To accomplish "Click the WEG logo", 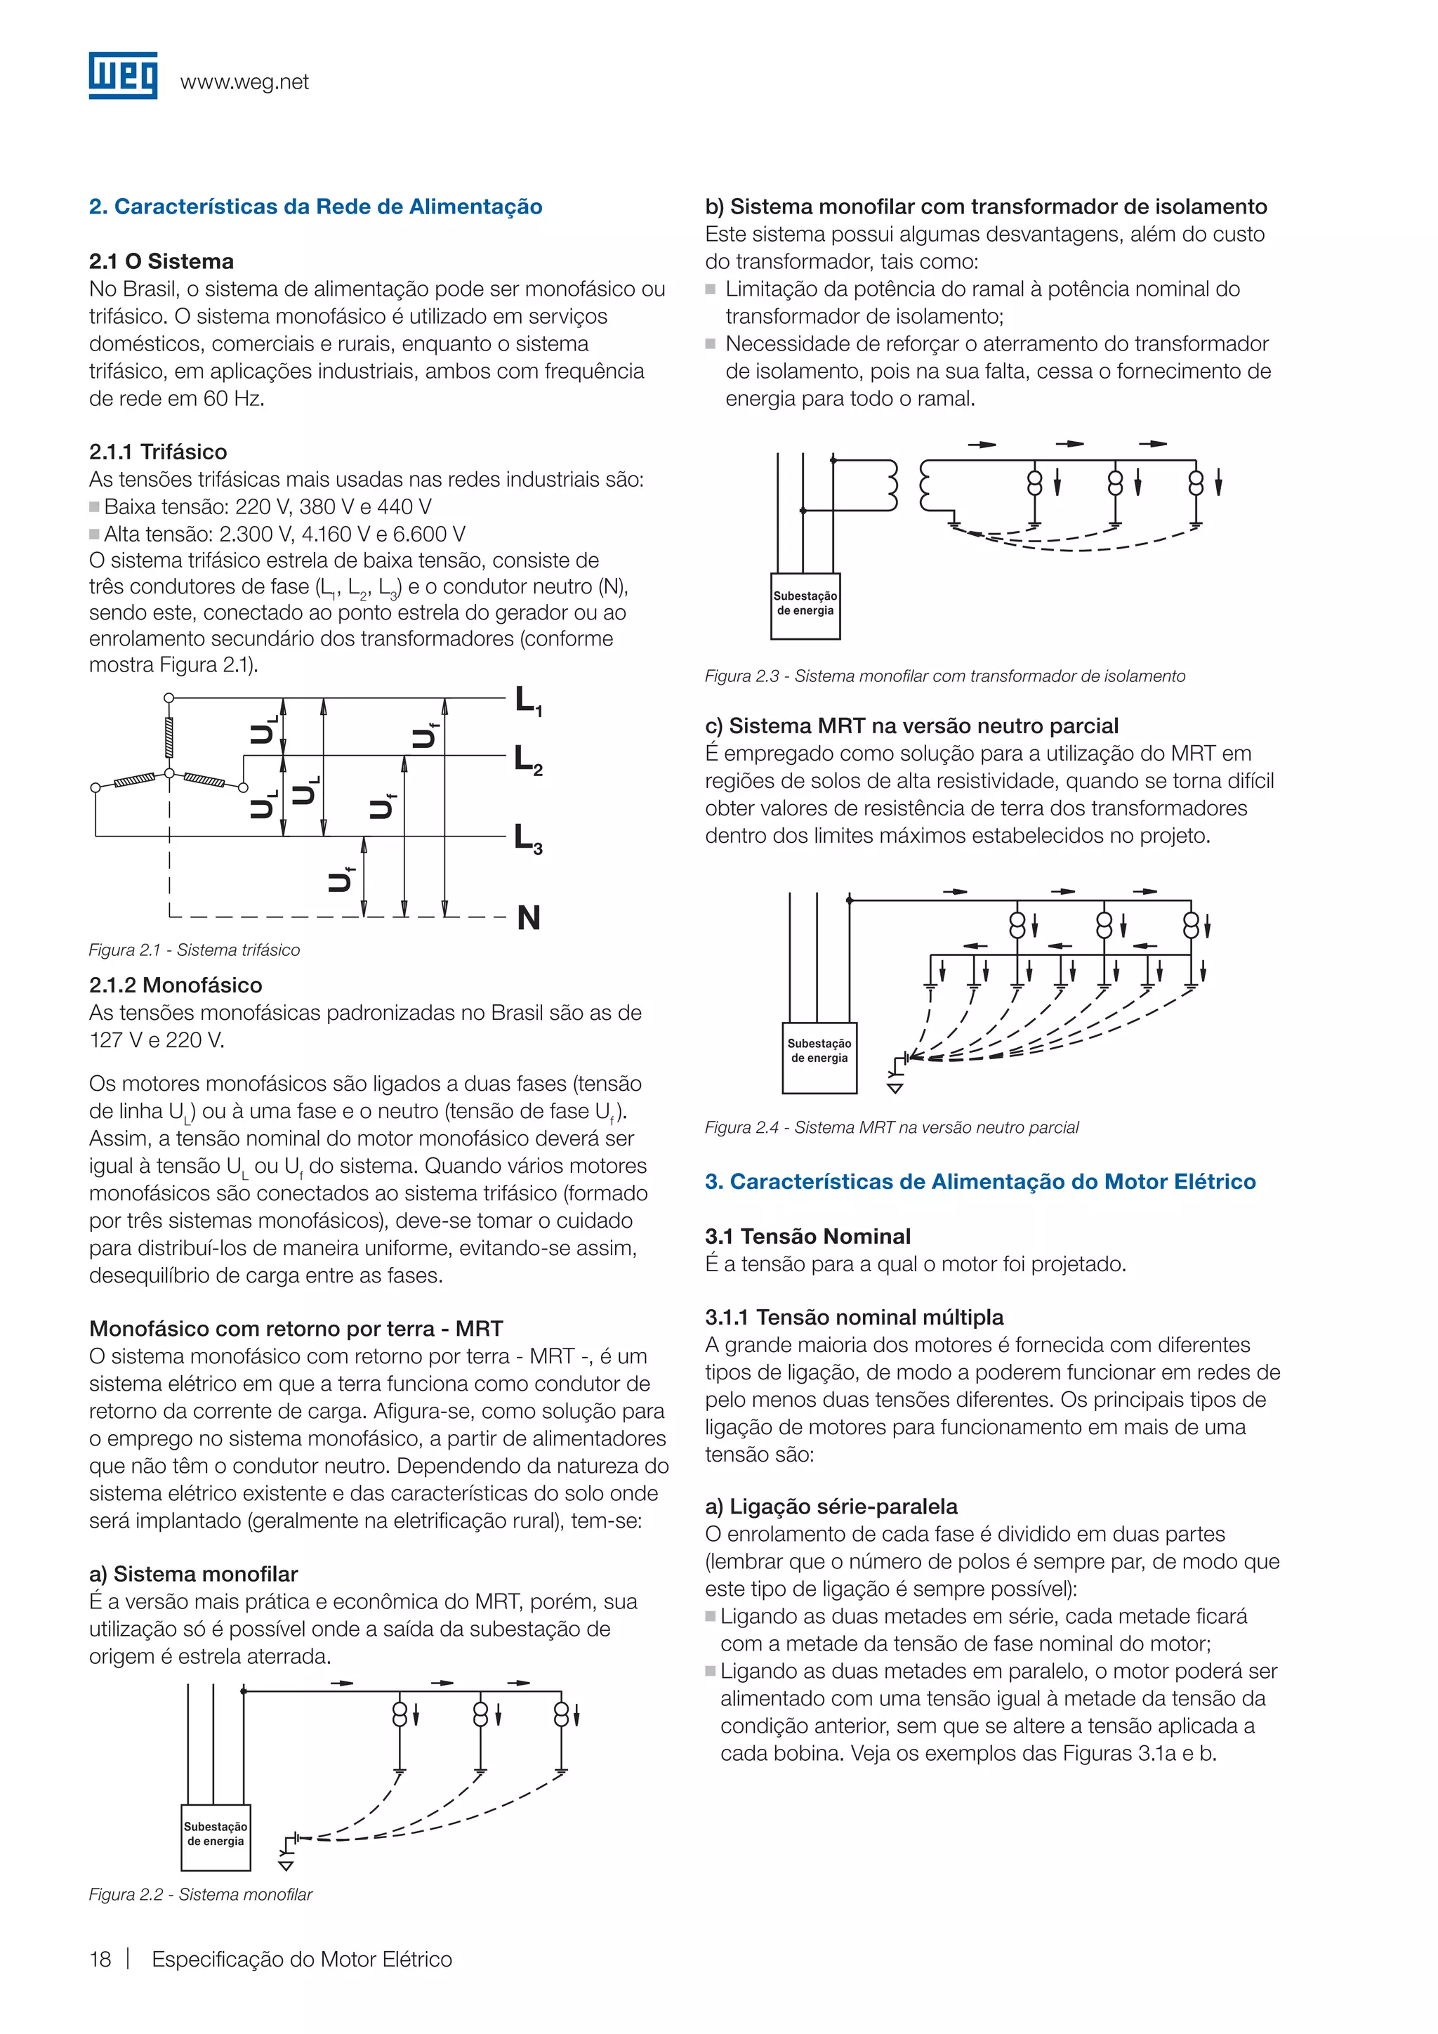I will (x=123, y=75).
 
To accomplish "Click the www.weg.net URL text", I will (x=244, y=82).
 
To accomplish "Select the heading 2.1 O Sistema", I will (x=161, y=261).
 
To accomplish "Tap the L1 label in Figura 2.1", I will (x=529, y=701).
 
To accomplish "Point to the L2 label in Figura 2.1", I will (x=529, y=760).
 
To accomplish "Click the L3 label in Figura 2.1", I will (x=529, y=837).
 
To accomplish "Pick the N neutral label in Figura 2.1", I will (x=529, y=918).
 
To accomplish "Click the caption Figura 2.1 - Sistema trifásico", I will (x=194, y=950).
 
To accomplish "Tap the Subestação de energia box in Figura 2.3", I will (x=805, y=605).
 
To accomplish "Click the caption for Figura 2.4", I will (x=892, y=1128).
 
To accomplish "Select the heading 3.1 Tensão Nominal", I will (x=807, y=1237).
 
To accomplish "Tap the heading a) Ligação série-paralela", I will (x=831, y=1507).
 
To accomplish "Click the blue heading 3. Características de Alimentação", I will (x=980, y=1182).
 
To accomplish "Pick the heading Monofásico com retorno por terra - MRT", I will (x=296, y=1329).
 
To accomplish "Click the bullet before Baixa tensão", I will (x=94, y=508).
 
